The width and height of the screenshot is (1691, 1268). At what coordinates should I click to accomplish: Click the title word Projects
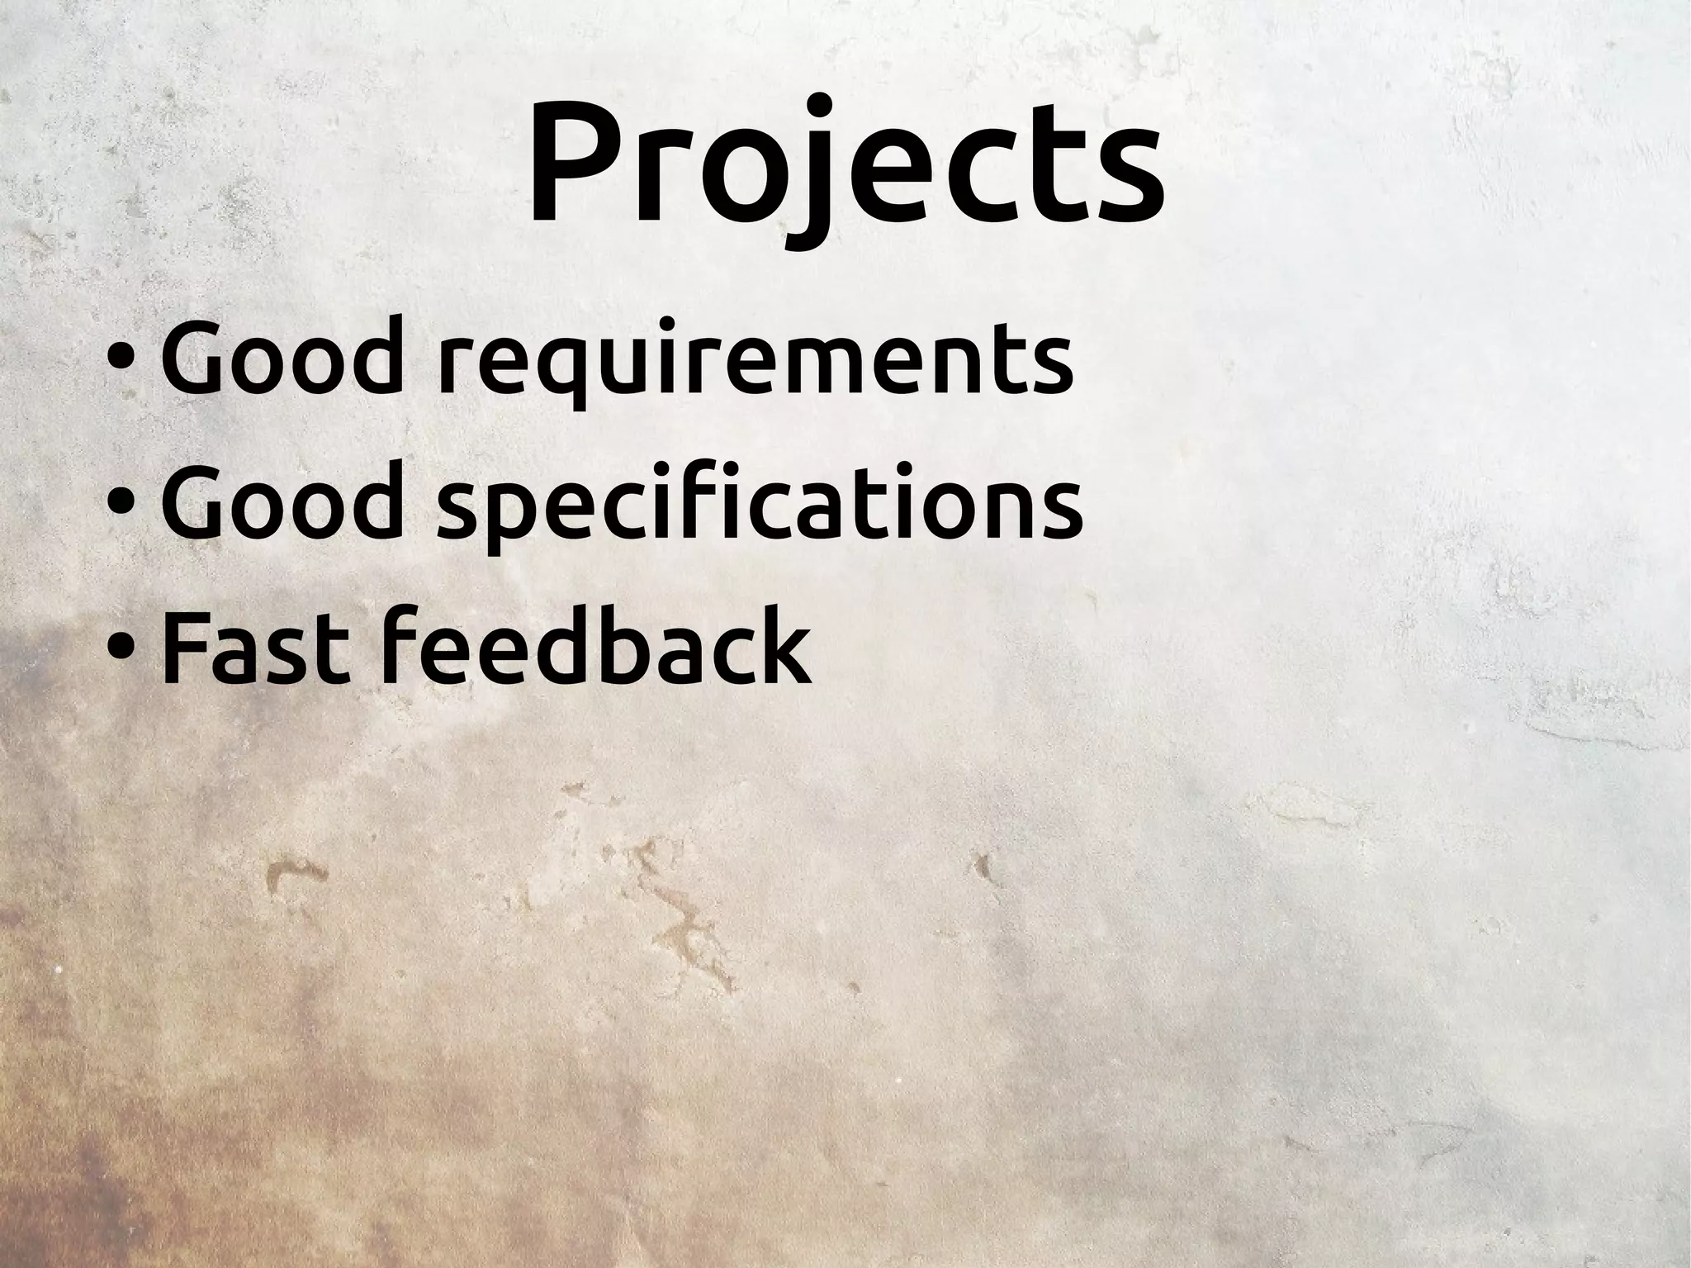(x=845, y=165)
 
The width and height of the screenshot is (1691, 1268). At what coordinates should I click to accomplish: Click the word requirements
(x=755, y=363)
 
